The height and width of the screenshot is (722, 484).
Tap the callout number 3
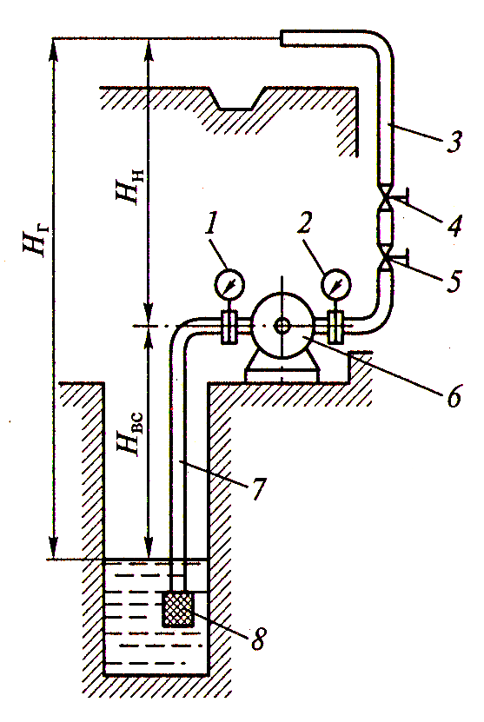454,141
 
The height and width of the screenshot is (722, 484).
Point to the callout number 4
455,226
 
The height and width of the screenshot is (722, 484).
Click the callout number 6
454,395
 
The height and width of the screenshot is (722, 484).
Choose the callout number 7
259,488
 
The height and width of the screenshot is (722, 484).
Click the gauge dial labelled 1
229,285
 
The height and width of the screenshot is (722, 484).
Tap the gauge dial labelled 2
335,283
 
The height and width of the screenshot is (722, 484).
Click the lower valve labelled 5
385,260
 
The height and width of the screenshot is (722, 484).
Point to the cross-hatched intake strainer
178,609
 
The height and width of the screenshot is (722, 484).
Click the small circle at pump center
282,326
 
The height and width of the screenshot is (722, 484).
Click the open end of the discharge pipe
281,37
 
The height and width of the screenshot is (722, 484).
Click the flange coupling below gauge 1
229,327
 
